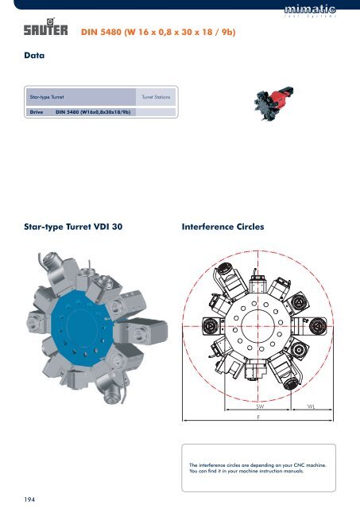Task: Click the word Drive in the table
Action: [36, 112]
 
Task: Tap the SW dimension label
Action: [260, 405]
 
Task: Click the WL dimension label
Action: [311, 405]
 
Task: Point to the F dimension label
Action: [259, 416]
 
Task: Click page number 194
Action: [22, 497]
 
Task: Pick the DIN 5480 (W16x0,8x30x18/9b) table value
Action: [94, 112]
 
